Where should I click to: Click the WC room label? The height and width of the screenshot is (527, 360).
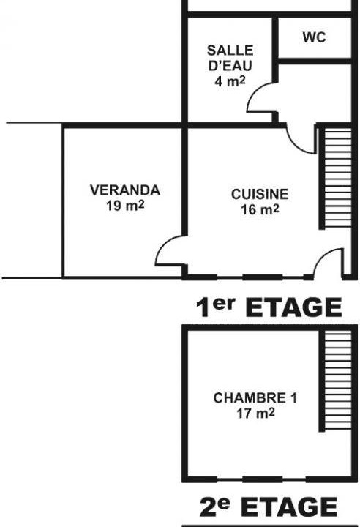pyautogui.click(x=315, y=37)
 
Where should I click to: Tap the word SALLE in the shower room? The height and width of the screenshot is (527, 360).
pyautogui.click(x=230, y=51)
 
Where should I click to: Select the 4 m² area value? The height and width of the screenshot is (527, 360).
pyautogui.click(x=230, y=81)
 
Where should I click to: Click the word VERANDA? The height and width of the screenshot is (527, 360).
pyautogui.click(x=125, y=190)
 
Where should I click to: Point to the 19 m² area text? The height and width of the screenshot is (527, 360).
pyautogui.click(x=125, y=206)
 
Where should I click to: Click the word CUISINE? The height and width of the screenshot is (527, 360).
pyautogui.click(x=260, y=194)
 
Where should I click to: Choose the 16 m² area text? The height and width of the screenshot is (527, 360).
pyautogui.click(x=260, y=209)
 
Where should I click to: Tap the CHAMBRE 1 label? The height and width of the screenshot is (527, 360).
pyautogui.click(x=255, y=398)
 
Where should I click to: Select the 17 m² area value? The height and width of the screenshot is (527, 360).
pyautogui.click(x=255, y=413)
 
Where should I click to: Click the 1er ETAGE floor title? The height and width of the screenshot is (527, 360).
pyautogui.click(x=269, y=307)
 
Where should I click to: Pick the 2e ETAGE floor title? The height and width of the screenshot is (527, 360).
pyautogui.click(x=269, y=507)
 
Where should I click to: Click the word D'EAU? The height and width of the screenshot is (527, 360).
pyautogui.click(x=230, y=66)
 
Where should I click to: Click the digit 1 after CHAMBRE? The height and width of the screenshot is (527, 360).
pyautogui.click(x=294, y=398)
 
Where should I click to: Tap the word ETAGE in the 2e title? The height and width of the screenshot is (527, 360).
pyautogui.click(x=289, y=507)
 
